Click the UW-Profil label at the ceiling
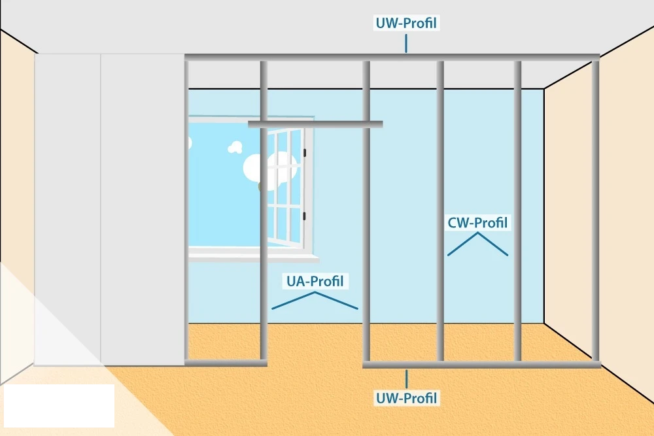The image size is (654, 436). [x=406, y=24]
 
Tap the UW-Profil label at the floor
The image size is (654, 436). [x=406, y=397]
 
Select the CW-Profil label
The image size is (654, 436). [x=477, y=223]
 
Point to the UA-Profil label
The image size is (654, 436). [x=315, y=282]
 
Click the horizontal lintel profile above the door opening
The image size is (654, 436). [x=315, y=124]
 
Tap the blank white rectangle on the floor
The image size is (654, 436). [x=58, y=404]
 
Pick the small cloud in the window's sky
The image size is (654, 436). [x=235, y=148]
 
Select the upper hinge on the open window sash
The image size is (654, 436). [x=305, y=153]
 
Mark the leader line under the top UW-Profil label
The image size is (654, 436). [x=406, y=43]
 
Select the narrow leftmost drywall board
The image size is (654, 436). [x=67, y=209]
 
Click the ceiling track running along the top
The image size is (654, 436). [x=392, y=58]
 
